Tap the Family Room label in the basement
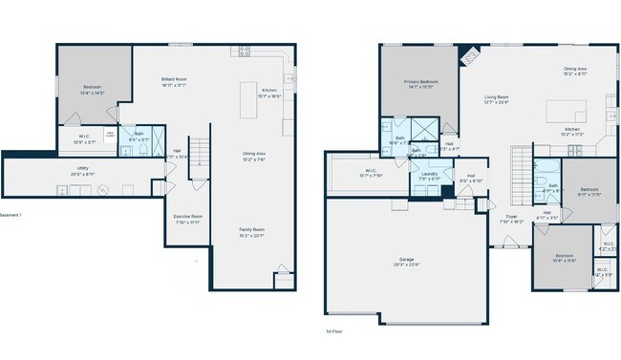(252, 229)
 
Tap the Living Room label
(495, 96)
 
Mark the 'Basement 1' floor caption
(11, 215)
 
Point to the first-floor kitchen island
(564, 112)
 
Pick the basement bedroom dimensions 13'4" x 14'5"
(92, 93)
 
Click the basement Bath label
(139, 134)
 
